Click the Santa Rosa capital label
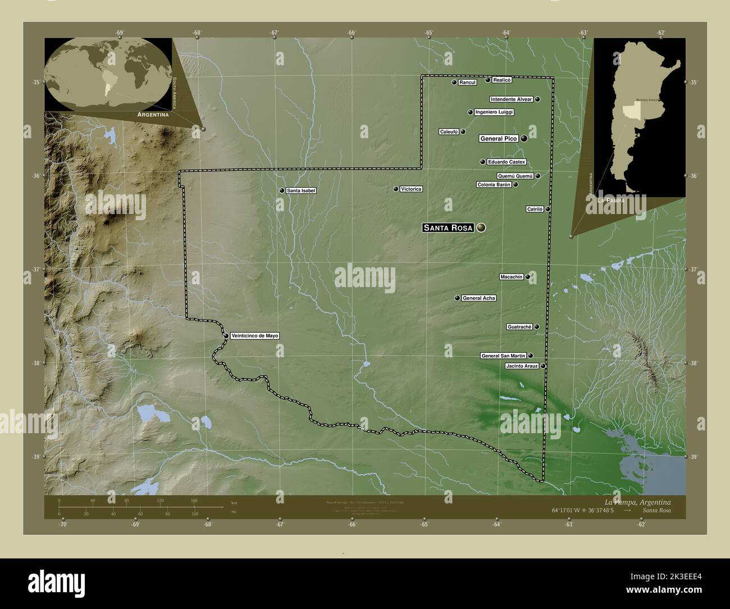point(448,228)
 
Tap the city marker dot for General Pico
point(524,138)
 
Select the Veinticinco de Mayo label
point(254,336)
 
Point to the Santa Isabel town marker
point(282,190)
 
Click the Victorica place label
point(410,189)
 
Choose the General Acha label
point(478,298)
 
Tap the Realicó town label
point(502,80)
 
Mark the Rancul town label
point(467,83)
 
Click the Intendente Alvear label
point(511,99)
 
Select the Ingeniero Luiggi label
point(494,112)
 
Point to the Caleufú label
point(449,132)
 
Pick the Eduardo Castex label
point(507,162)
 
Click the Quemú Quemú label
point(515,176)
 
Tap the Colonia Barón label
point(494,184)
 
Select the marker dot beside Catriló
point(548,209)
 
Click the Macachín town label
point(511,276)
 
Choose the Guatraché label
point(519,326)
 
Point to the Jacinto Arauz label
point(522,366)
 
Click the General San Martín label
point(503,356)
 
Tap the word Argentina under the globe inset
point(150,114)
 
